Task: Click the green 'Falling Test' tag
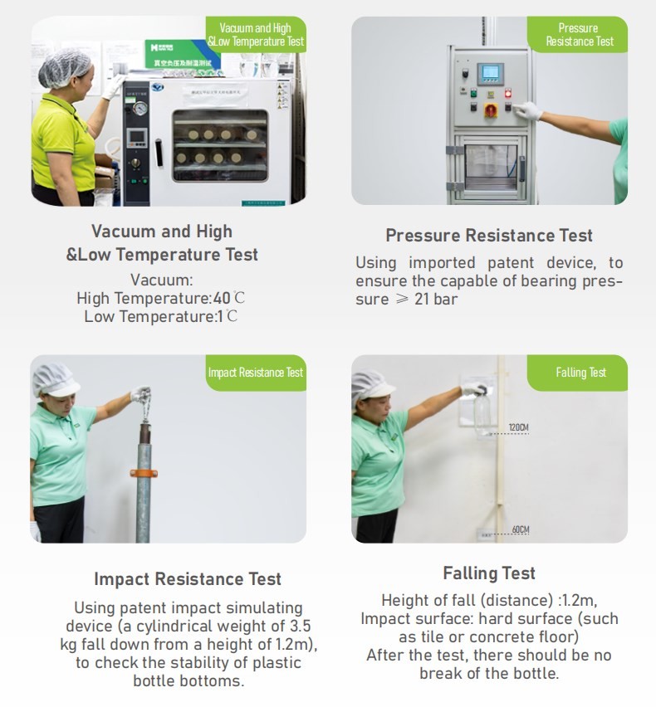pos(577,373)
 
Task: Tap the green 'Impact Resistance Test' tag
pos(256,373)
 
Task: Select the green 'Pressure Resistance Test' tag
pos(577,35)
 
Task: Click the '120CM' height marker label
pos(518,427)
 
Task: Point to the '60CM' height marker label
pos(521,529)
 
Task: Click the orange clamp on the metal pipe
pos(144,473)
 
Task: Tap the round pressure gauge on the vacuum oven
pos(140,108)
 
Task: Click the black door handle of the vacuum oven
pos(159,153)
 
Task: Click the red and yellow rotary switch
pos(491,110)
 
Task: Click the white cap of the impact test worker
pos(55,380)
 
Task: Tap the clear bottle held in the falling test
pos(482,412)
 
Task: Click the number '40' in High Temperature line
pos(222,298)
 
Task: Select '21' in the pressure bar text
pos(421,299)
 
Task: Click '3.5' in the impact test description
pos(300,626)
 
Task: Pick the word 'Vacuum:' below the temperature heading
pos(162,280)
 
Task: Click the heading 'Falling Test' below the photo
pos(489,573)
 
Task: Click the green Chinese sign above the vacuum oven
pos(180,55)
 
